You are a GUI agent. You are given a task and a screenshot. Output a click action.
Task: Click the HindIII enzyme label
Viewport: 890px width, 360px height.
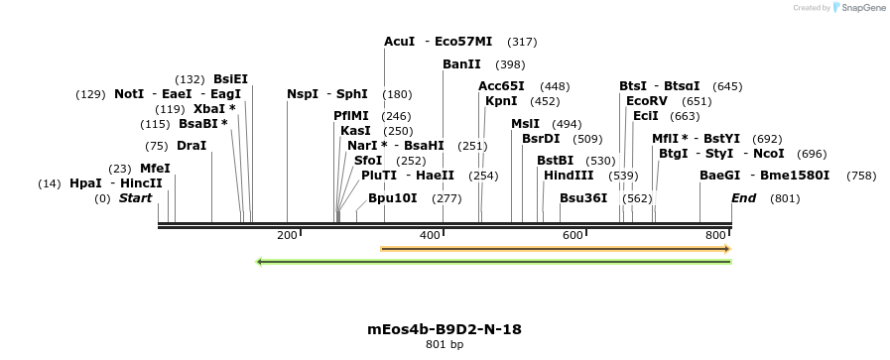click(x=569, y=176)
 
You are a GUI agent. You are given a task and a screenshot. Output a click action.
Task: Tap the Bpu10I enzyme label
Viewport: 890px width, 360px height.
click(x=393, y=198)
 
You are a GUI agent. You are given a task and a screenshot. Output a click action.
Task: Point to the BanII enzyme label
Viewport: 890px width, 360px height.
click(x=461, y=64)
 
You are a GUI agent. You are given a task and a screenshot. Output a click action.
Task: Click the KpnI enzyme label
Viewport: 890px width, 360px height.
click(x=501, y=101)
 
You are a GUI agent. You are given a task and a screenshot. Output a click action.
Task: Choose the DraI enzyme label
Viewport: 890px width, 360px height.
click(x=191, y=146)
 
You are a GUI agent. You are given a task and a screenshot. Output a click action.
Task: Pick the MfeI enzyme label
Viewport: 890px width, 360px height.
click(x=155, y=169)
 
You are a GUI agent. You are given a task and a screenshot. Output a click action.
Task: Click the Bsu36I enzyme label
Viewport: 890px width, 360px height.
click(x=583, y=198)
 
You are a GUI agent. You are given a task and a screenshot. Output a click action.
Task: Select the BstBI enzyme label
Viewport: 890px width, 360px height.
click(x=555, y=161)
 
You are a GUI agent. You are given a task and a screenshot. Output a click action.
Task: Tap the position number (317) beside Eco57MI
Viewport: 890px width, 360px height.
click(x=522, y=42)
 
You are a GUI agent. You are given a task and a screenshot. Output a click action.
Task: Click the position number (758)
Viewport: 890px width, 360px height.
click(x=861, y=176)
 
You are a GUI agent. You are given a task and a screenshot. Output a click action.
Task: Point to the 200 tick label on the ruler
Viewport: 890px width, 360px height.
click(x=287, y=235)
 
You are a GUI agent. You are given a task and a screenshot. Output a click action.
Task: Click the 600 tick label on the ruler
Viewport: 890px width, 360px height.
click(x=572, y=235)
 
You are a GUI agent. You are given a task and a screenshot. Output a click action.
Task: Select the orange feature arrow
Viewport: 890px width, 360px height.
click(x=556, y=249)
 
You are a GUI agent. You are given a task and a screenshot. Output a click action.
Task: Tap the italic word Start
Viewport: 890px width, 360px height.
click(x=135, y=198)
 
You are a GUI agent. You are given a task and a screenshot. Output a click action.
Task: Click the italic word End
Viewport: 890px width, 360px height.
click(x=743, y=198)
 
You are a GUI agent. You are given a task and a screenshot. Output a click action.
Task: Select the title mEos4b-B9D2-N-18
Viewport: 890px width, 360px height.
click(x=445, y=329)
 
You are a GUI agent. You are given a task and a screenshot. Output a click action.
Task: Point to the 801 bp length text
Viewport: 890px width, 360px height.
click(x=445, y=345)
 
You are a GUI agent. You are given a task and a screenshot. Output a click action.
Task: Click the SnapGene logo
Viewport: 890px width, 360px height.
click(x=859, y=8)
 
